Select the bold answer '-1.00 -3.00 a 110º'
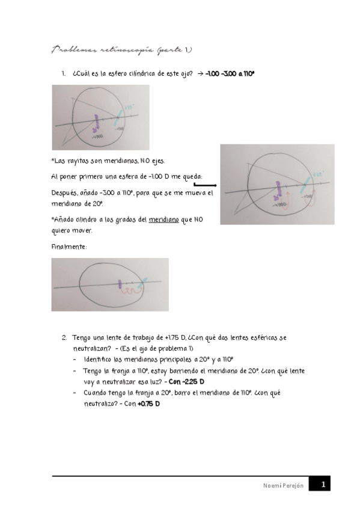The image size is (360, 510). (230, 73)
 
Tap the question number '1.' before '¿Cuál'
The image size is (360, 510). (63, 73)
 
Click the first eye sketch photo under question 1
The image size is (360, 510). (100, 117)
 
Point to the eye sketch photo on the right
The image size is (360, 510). (277, 184)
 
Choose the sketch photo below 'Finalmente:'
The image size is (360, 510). (110, 284)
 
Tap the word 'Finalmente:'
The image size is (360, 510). (69, 247)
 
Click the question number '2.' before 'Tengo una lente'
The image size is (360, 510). (64, 338)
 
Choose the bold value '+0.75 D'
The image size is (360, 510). (148, 404)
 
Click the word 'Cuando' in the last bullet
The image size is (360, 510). (97, 393)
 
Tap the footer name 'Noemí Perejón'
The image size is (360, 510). (284, 485)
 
